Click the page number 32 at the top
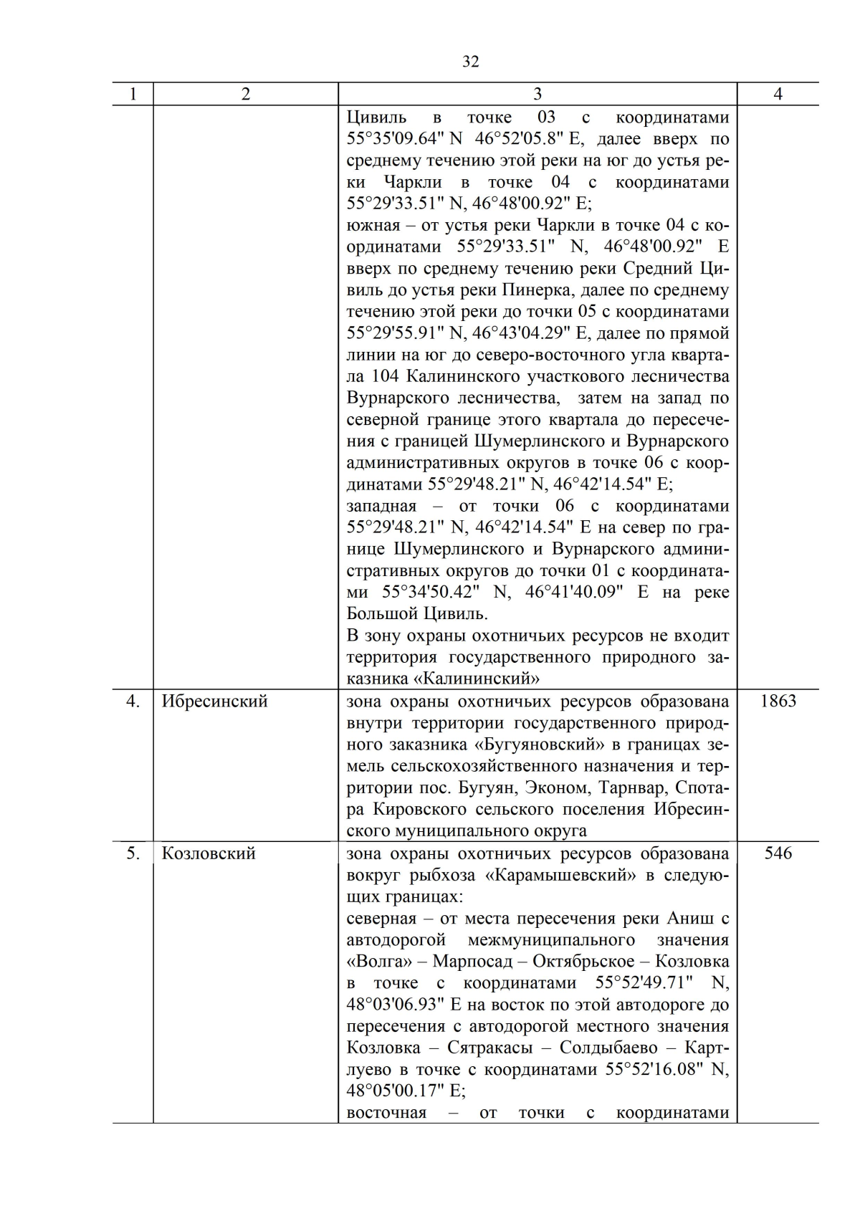[x=470, y=62]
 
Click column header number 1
[x=133, y=94]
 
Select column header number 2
[x=246, y=94]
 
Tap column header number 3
[x=537, y=94]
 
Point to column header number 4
[x=778, y=94]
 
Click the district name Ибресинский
[x=214, y=701]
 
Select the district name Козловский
[x=209, y=853]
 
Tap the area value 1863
[x=778, y=701]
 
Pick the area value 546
[x=778, y=853]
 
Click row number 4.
[x=133, y=701]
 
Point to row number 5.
[x=133, y=853]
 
